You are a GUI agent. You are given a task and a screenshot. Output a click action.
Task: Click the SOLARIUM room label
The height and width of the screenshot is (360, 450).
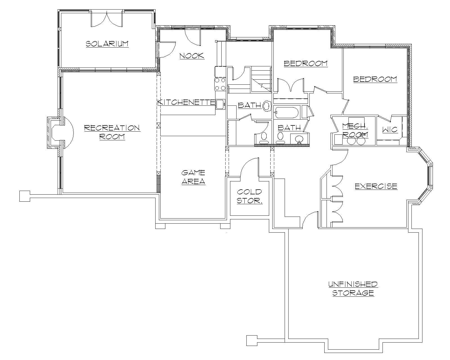[x=107, y=44]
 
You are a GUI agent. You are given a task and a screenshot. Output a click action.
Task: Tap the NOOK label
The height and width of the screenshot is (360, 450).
[x=192, y=56]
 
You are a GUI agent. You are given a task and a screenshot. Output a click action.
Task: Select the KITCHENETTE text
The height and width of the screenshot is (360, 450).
[x=186, y=102]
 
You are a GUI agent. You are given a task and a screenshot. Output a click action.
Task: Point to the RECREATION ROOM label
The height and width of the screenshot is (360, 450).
[x=112, y=132]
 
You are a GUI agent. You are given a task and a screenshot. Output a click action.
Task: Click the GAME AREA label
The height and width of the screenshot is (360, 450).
[x=193, y=177]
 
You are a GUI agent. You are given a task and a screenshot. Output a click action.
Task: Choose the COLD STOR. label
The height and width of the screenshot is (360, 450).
[x=249, y=196]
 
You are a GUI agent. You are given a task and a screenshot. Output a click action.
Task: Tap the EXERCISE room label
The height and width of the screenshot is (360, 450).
[x=376, y=186]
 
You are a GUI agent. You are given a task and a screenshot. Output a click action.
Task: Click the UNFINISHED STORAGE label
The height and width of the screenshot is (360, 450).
[x=353, y=288]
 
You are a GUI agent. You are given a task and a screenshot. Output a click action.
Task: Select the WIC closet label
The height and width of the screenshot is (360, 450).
[x=390, y=130]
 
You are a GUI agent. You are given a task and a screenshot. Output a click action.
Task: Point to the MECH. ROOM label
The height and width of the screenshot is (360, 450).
[x=355, y=130]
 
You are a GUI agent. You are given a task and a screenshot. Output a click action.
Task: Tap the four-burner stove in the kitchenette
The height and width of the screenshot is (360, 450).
[x=220, y=84]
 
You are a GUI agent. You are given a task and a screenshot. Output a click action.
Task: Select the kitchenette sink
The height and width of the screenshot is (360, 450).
[x=220, y=104]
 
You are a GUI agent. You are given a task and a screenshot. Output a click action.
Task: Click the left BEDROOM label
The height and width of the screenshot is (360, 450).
[x=305, y=63]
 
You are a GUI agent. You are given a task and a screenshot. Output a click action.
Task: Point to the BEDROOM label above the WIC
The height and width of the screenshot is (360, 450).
[x=375, y=79]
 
